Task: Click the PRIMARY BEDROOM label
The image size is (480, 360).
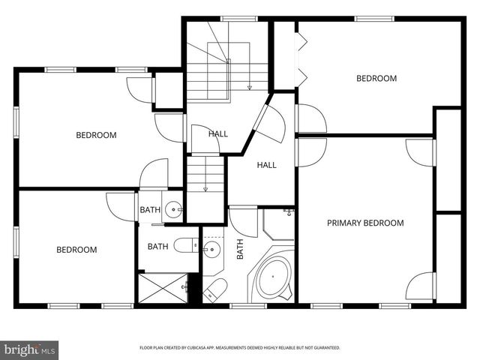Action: coord(365,223)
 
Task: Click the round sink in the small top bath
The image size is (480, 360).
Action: coord(173,210)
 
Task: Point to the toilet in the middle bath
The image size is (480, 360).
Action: coord(184,244)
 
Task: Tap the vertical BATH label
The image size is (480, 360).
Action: coord(241,249)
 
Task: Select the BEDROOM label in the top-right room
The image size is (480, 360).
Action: coord(376,78)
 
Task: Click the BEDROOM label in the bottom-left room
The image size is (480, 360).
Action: coord(76,250)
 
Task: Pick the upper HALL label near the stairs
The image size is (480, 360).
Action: coord(218,134)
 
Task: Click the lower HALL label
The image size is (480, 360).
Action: coord(267,165)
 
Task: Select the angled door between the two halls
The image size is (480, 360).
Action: coord(268,122)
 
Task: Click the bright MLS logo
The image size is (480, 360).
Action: coord(29,349)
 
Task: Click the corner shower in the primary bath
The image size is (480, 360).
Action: coord(278,223)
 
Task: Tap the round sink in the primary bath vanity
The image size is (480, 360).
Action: coord(212,250)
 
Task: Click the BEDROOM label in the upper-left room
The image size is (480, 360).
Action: coord(96,135)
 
